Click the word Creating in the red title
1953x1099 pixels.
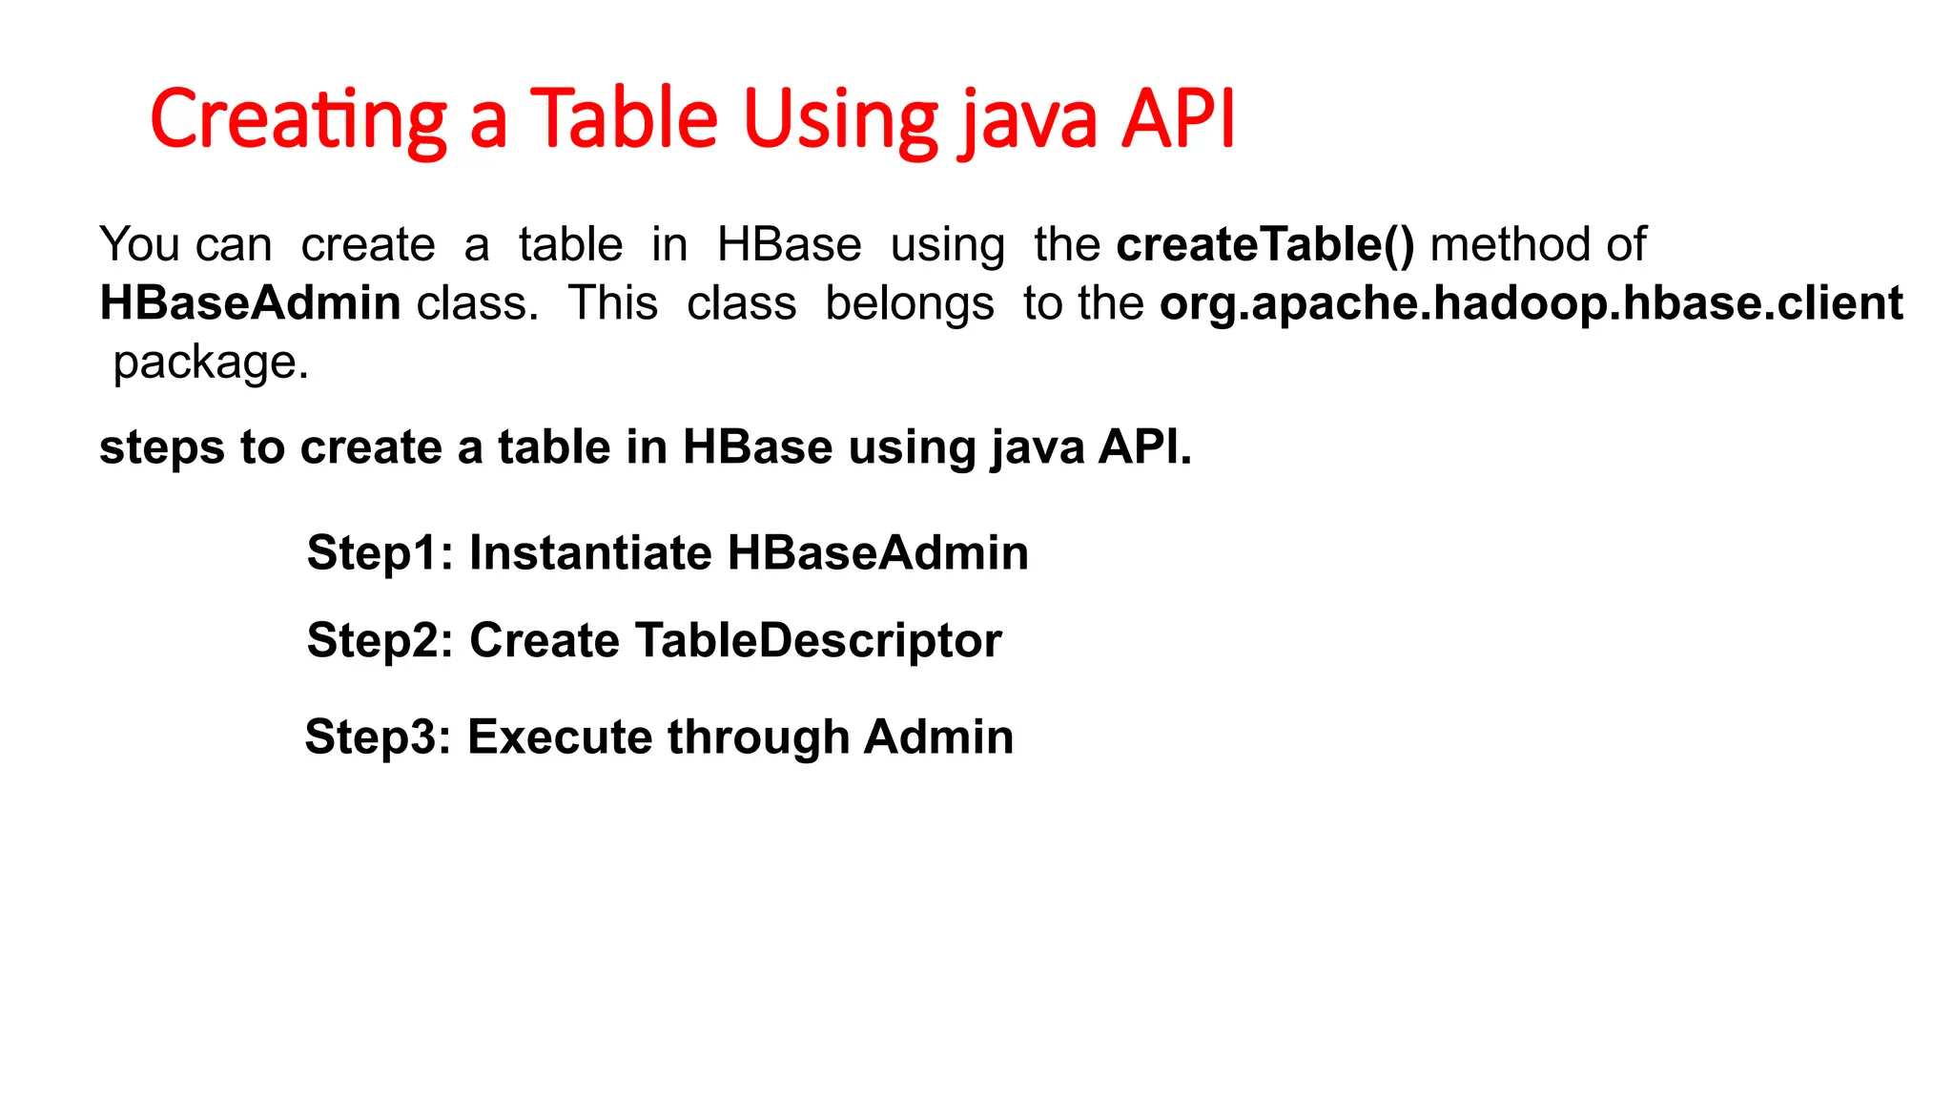pos(298,120)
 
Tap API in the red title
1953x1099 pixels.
pos(1178,120)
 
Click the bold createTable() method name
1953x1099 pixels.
pos(1264,245)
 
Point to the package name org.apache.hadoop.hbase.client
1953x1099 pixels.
pos(1531,303)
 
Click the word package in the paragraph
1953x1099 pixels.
pos(210,363)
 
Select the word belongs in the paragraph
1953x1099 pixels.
pos(909,303)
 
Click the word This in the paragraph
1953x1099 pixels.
pos(612,303)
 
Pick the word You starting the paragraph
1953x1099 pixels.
pos(139,245)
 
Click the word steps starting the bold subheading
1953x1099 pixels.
pos(161,447)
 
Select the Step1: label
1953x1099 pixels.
pos(380,553)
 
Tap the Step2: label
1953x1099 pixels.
pos(380,640)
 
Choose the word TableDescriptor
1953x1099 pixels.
pos(818,640)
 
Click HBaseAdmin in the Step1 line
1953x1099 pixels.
pos(877,553)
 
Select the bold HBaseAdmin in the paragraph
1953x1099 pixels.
pos(250,303)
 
